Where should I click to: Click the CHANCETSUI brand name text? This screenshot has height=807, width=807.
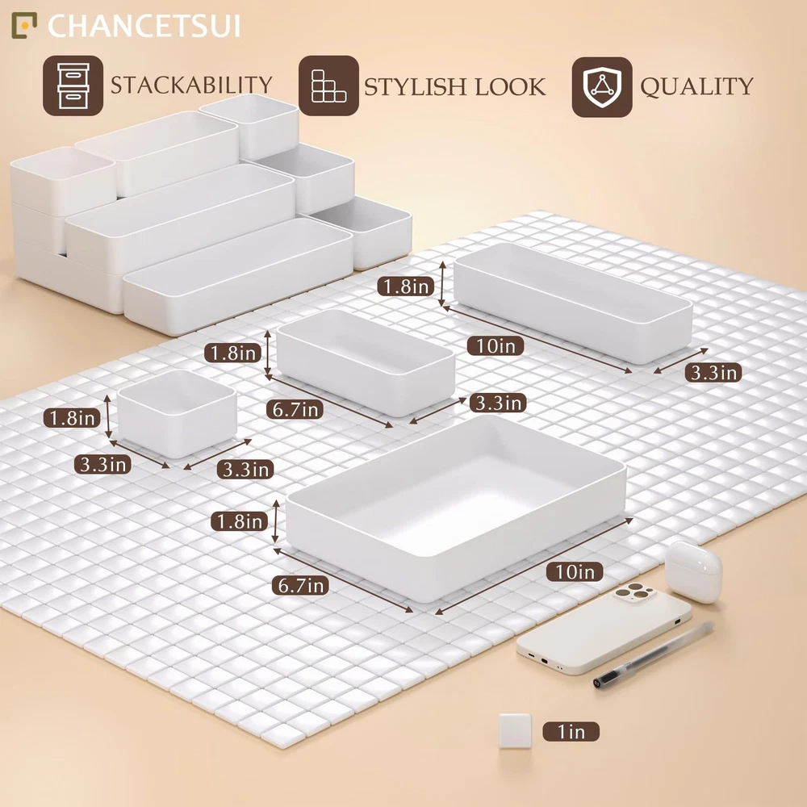(144, 26)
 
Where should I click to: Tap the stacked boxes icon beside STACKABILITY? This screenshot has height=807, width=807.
(73, 86)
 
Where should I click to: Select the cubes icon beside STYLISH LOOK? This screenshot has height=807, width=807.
(328, 86)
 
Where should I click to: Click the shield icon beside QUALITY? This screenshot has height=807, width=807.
(602, 86)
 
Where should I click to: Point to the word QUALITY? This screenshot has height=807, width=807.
(696, 86)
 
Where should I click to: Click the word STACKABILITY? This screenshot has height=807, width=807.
(191, 85)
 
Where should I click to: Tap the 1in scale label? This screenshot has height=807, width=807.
(571, 731)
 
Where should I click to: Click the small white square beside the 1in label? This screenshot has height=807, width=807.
(515, 730)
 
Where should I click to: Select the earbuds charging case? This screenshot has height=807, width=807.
(693, 571)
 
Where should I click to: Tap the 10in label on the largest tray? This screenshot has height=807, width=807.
(575, 571)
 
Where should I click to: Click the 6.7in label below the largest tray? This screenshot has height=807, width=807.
(300, 585)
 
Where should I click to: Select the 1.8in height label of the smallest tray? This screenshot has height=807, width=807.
(73, 418)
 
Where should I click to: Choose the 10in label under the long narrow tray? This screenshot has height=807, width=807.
(495, 345)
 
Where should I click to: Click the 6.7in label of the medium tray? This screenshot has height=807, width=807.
(295, 409)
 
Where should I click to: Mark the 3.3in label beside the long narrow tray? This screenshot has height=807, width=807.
(713, 372)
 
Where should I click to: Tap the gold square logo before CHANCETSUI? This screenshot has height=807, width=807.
(24, 26)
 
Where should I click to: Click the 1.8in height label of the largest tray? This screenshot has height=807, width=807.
(240, 521)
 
